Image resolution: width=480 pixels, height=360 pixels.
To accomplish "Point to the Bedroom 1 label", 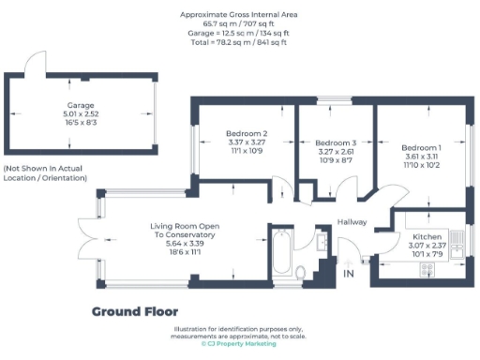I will click(422, 148).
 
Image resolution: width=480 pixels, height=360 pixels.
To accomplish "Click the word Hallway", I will click(353, 222).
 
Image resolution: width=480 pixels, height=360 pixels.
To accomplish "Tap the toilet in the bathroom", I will click(301, 273).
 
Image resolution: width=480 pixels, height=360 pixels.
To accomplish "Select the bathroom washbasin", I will click(322, 243).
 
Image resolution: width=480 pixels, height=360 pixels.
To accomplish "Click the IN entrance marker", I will click(349, 274).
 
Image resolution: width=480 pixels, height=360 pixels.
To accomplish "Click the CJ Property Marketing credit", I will click(239, 344).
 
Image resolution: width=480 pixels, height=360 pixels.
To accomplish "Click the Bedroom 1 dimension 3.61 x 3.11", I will click(422, 157).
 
